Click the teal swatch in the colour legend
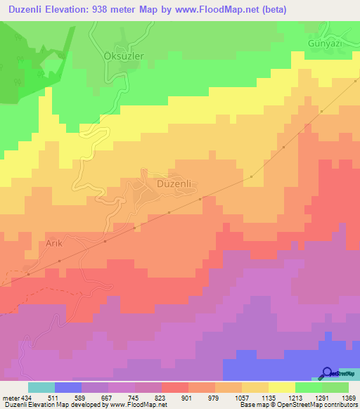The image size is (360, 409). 41,387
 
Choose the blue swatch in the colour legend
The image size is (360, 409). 68,387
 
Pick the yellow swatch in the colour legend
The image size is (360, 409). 281,387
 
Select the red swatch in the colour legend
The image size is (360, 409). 175,387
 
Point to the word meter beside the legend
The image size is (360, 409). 8,398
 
